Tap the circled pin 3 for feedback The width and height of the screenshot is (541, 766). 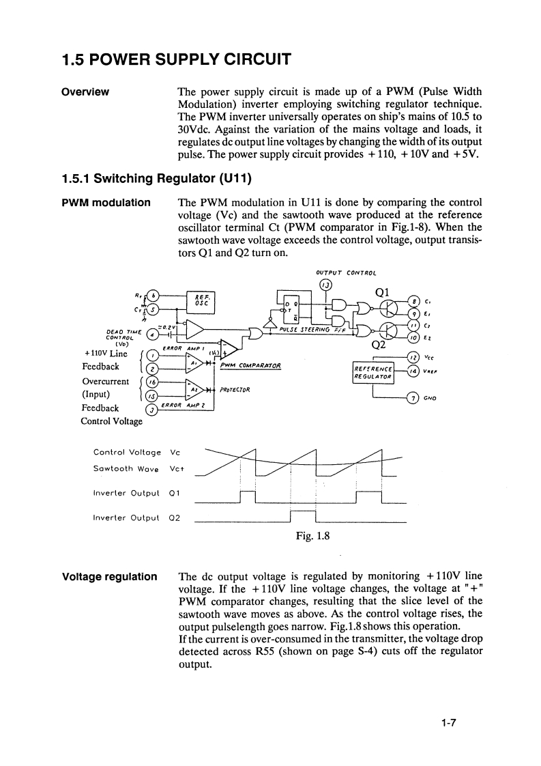tap(153, 409)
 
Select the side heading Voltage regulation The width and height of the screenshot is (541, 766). tap(109, 577)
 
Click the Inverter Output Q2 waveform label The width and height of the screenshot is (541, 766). tap(136, 517)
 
